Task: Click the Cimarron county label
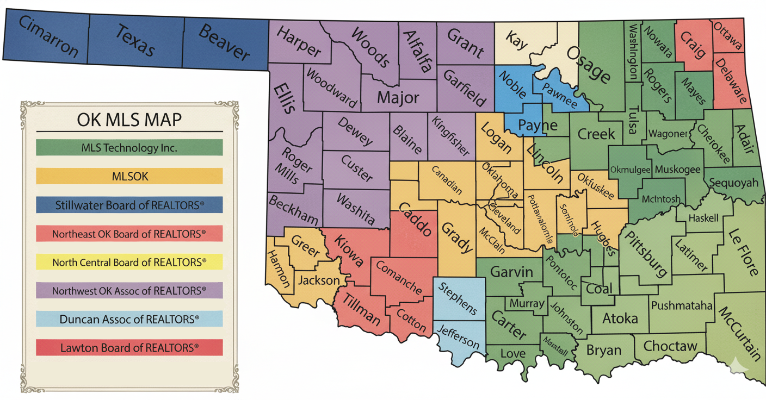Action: (48, 37)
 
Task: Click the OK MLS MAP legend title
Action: (129, 119)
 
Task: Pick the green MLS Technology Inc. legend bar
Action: (129, 147)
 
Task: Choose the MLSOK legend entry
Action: (129, 176)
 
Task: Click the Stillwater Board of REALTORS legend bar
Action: (129, 205)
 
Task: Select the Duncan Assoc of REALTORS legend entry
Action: (129, 319)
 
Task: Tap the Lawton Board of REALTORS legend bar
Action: (129, 347)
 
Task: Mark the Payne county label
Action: (538, 126)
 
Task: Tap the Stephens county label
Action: (458, 298)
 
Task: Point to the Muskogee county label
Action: (677, 170)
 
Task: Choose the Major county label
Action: (398, 98)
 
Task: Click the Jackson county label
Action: (318, 280)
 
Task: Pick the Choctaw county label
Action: (670, 346)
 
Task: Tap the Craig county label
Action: (692, 45)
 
